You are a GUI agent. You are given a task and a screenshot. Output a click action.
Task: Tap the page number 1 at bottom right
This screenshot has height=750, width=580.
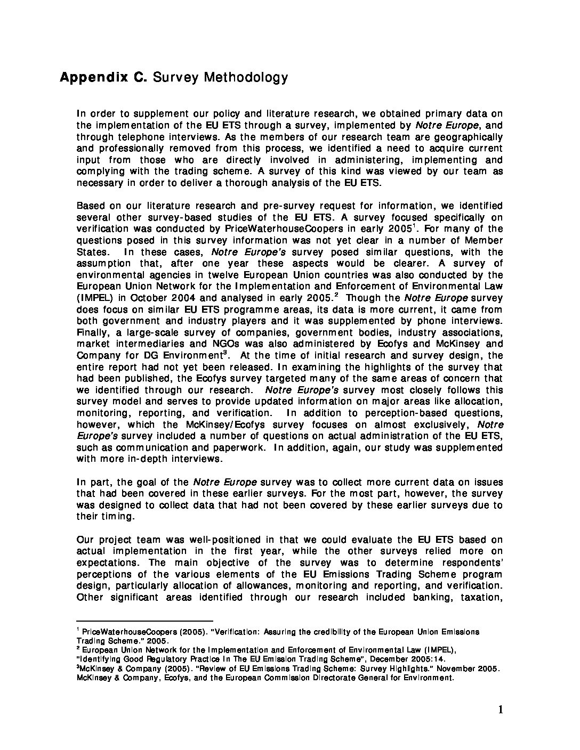coord(500,710)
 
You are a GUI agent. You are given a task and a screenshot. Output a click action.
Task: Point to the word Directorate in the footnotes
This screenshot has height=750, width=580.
coord(324,678)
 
